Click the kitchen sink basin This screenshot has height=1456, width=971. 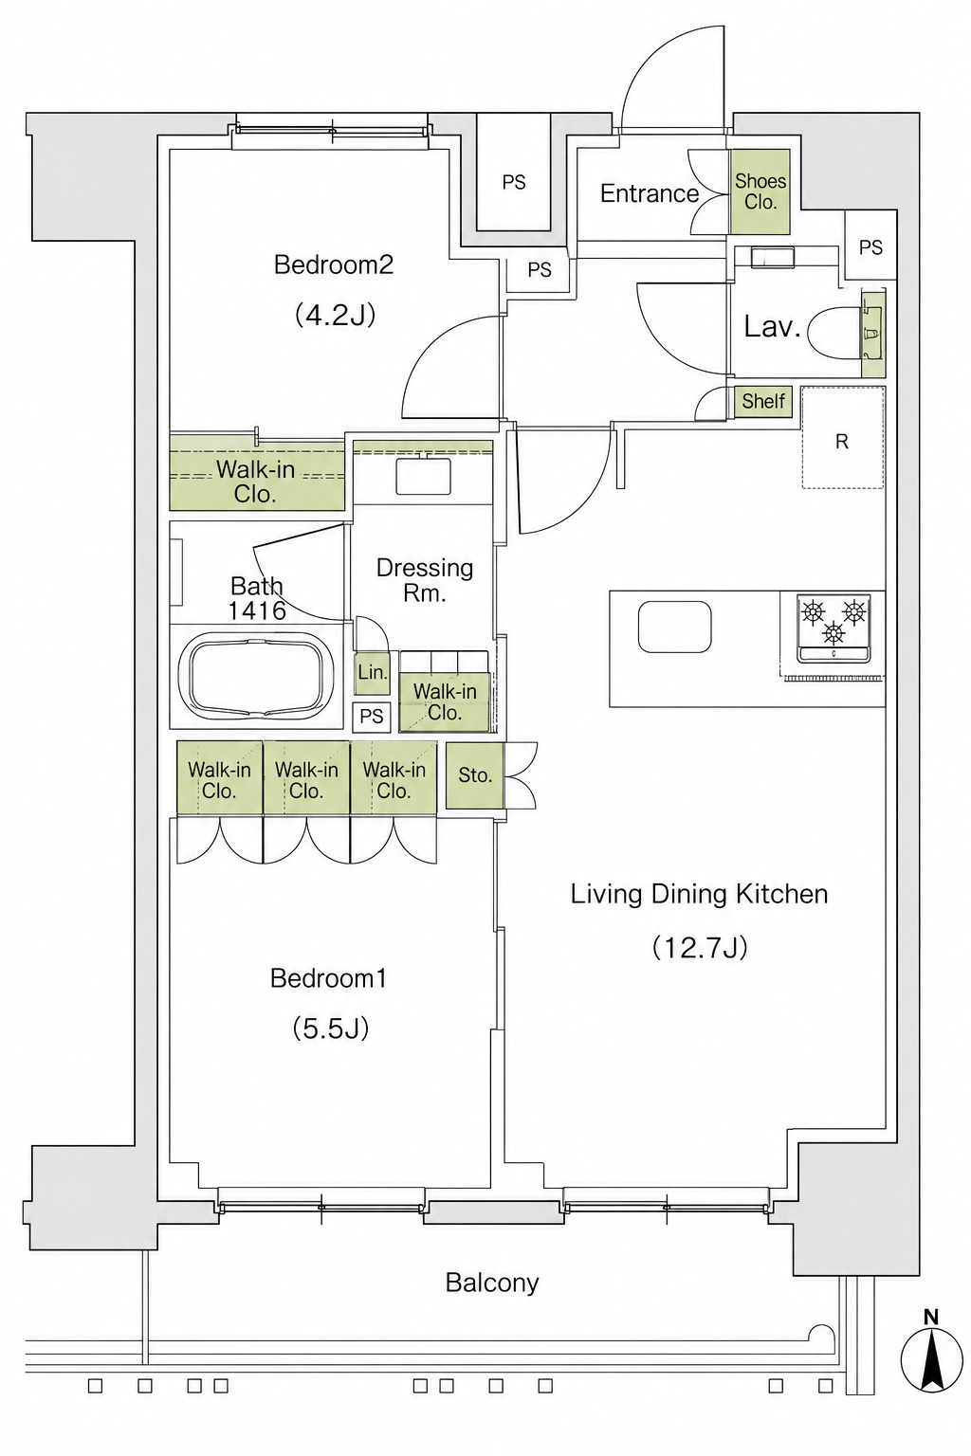(x=674, y=627)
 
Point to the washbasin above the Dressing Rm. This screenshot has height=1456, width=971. (x=423, y=477)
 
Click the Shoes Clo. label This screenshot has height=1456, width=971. (x=760, y=191)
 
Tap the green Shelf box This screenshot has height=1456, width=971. (x=763, y=402)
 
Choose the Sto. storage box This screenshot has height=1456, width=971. (x=475, y=775)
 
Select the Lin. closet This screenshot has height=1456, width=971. (x=373, y=672)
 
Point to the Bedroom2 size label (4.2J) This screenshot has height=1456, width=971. (x=335, y=316)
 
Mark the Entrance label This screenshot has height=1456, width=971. (x=649, y=193)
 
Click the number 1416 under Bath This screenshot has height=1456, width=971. (x=258, y=610)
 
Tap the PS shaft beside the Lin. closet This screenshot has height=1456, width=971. (x=372, y=717)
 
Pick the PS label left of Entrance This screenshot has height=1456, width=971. (x=514, y=183)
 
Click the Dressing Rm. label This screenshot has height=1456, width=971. (x=424, y=580)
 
